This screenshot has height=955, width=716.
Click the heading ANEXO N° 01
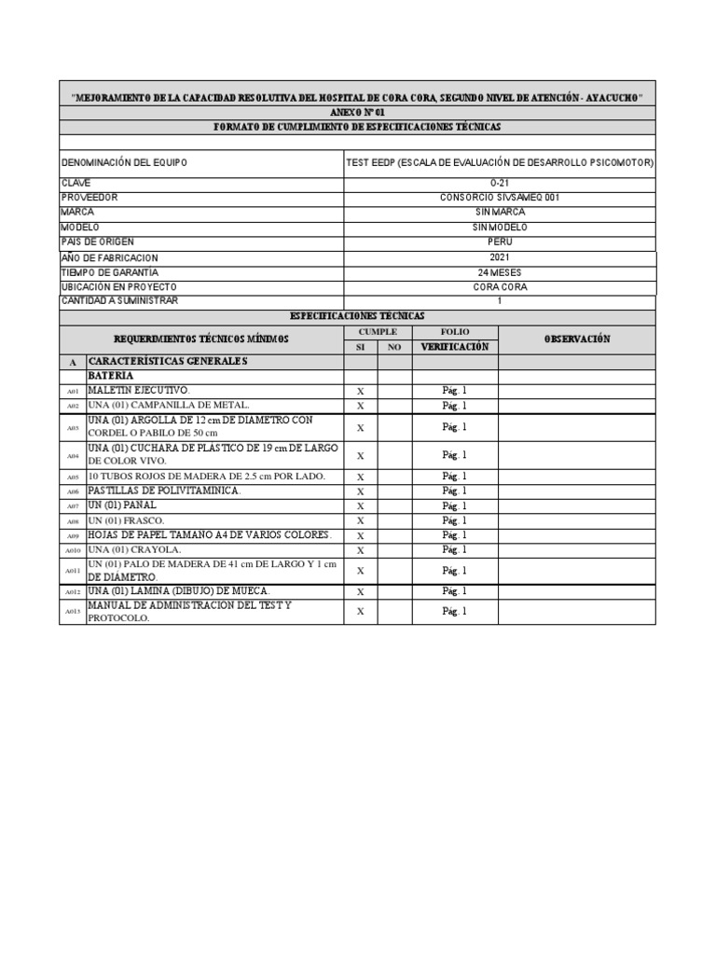point(357,112)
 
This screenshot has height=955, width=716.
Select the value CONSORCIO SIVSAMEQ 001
point(500,198)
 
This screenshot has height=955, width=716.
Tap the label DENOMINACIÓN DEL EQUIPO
point(124,162)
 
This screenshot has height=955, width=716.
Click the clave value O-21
point(500,183)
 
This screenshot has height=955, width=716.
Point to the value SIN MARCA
point(500,213)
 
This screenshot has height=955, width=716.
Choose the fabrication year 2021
point(500,257)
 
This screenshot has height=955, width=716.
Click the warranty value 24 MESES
point(500,272)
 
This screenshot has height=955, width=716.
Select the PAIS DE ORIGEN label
point(97,242)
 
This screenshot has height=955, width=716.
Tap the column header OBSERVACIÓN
point(576,339)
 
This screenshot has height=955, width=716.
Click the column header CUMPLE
point(378,332)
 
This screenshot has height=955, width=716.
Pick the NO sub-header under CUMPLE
point(394,347)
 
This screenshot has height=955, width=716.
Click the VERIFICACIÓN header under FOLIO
point(455,347)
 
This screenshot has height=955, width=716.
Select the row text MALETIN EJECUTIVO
point(138,390)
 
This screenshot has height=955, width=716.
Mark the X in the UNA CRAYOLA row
point(360,550)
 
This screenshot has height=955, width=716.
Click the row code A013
point(73,612)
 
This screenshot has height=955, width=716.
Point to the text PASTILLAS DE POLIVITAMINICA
point(164,491)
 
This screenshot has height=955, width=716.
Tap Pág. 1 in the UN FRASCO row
point(455,520)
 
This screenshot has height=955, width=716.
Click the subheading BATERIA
point(112,376)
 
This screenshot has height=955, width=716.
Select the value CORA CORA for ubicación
point(500,287)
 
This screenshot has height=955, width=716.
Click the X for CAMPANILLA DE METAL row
point(360,406)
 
